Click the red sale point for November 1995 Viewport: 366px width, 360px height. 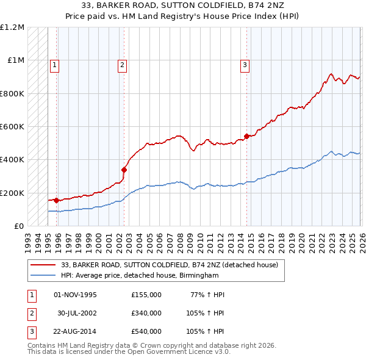tap(56, 200)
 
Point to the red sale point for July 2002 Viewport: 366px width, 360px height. tap(124, 170)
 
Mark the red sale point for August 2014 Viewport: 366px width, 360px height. tap(246, 137)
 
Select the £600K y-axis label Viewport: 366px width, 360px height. tap(12, 127)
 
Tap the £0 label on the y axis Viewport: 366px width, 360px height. tap(18, 226)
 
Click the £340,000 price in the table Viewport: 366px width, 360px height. tap(146, 313)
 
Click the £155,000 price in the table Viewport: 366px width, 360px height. tap(146, 295)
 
